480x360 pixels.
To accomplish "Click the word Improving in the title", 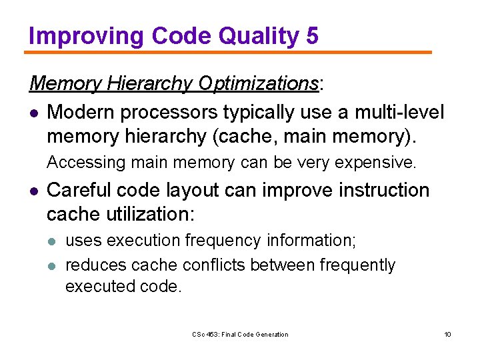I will click(86, 36).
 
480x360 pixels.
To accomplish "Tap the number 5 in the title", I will click(312, 36).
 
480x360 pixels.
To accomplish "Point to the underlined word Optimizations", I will click(257, 83).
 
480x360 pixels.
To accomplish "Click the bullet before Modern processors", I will click(33, 112).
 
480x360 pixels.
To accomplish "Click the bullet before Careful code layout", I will click(33, 191).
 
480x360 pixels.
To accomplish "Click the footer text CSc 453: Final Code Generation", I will click(240, 334).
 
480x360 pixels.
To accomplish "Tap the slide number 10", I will click(447, 334).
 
